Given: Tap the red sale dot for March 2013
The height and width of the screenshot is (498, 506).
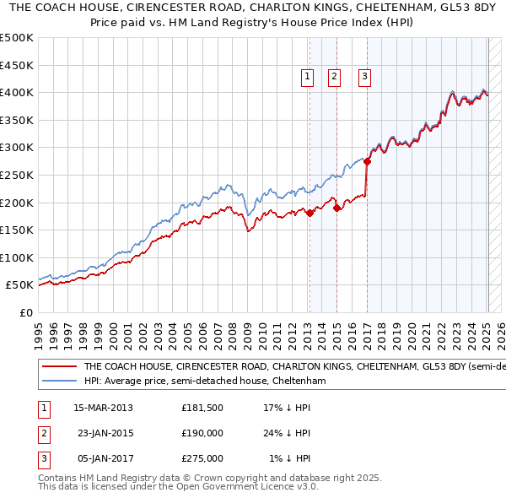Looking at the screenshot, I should (310, 213).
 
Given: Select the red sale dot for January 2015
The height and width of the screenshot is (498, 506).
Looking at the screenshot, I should (336, 208).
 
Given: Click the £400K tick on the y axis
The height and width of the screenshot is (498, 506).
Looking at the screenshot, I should (17, 92).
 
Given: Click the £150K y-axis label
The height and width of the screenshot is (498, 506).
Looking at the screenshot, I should (17, 230).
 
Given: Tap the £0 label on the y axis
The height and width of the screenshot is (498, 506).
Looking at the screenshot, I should (25, 312).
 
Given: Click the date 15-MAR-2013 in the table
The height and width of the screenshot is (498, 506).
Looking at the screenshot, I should (104, 408).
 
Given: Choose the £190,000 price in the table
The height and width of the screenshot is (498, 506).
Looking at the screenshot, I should (202, 433).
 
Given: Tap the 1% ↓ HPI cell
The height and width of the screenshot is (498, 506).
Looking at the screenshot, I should (289, 458).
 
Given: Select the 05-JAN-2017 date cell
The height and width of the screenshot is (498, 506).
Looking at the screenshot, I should (104, 458).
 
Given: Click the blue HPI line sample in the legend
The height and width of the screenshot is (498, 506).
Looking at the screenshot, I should (59, 381).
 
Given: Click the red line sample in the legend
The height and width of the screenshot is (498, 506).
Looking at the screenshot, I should (59, 367).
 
